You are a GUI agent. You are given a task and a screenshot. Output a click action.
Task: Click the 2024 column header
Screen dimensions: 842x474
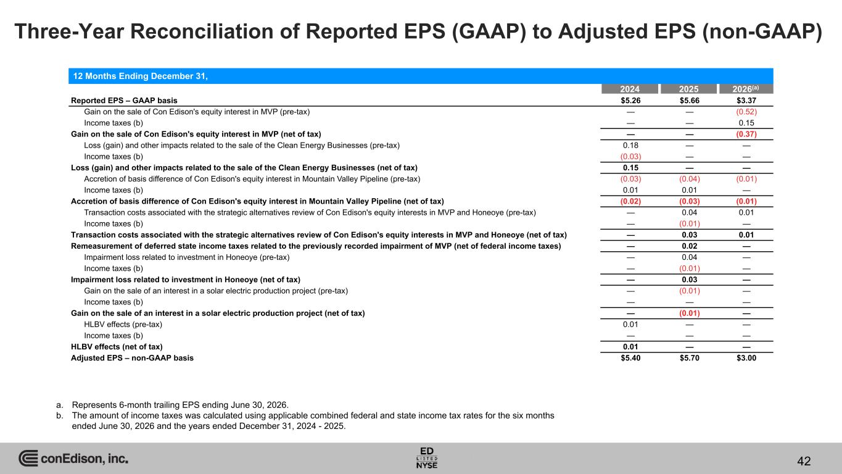pos(630,89)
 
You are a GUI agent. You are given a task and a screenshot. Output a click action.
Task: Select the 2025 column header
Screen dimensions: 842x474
pos(688,89)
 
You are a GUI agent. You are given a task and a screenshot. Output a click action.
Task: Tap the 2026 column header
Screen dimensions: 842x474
pos(746,89)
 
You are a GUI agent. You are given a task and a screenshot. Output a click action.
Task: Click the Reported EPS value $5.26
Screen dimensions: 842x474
pos(630,101)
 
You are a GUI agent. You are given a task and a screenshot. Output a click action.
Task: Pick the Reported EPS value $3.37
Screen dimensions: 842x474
pos(746,101)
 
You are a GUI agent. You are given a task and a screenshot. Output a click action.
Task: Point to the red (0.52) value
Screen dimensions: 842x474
pos(746,112)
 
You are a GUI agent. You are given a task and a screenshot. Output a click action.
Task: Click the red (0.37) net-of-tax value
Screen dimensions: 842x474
pos(746,135)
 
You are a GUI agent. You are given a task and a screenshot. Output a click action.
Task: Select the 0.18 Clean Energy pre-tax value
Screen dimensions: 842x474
pos(630,145)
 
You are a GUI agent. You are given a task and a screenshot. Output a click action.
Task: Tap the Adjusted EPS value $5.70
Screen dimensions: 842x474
pos(690,358)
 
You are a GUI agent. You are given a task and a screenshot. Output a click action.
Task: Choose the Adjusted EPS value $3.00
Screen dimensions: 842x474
pos(746,358)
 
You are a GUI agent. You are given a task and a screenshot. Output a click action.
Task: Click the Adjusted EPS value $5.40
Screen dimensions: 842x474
pos(630,358)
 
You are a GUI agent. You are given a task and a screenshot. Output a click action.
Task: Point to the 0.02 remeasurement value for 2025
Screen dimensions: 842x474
pos(690,246)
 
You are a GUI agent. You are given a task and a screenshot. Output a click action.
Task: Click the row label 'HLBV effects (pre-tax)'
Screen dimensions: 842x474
pos(123,324)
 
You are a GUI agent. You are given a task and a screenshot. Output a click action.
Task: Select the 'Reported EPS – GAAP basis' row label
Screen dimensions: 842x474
pos(124,101)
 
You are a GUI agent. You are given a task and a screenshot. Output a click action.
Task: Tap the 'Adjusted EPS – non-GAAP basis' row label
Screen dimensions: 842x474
pos(132,358)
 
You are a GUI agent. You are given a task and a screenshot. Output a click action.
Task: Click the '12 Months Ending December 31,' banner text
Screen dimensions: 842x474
pos(140,77)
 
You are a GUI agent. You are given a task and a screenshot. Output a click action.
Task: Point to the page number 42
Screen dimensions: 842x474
pos(804,461)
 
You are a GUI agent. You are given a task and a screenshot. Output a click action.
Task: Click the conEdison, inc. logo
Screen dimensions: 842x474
pos(73,458)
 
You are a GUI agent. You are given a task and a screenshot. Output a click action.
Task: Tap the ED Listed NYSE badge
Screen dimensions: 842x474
pos(427,458)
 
